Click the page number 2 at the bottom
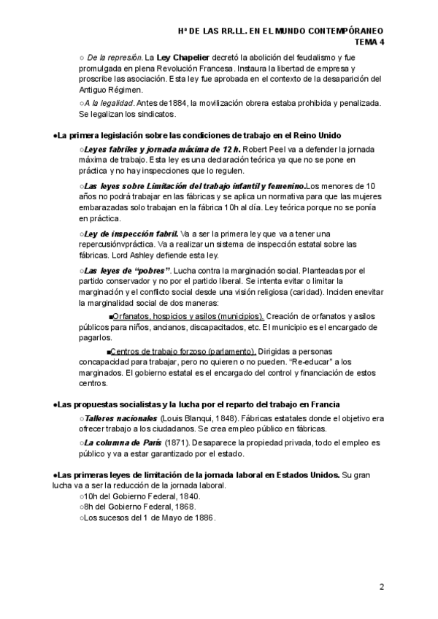pyautogui.click(x=382, y=587)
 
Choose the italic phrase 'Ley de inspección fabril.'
pyautogui.click(x=131, y=233)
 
